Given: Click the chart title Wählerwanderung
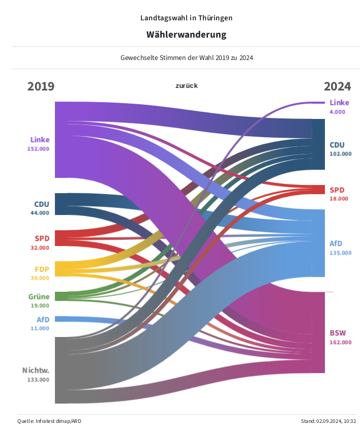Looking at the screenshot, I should [x=186, y=35].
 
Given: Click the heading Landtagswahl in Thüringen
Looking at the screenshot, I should [x=186, y=18].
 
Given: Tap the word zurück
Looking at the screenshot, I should [x=187, y=85].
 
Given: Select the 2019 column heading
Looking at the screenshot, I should [x=41, y=86].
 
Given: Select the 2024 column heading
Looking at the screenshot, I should [x=337, y=86].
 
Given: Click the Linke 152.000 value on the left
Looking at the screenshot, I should [x=38, y=149].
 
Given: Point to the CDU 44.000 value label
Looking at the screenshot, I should [x=40, y=213].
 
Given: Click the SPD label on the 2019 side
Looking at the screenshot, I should [x=42, y=238].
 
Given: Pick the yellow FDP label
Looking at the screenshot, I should [x=42, y=269].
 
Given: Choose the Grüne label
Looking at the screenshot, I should [x=39, y=297].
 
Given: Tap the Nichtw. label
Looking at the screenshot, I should [x=36, y=370].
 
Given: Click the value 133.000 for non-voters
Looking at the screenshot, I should [x=38, y=379].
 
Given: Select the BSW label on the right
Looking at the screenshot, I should [x=338, y=333].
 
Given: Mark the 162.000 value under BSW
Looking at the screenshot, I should [x=340, y=342].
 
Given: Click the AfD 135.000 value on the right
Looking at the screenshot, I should [x=340, y=253].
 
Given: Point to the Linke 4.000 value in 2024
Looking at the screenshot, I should [x=337, y=112].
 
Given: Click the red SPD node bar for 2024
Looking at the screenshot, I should [x=318, y=190].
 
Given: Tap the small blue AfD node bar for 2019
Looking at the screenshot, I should [x=61, y=319].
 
